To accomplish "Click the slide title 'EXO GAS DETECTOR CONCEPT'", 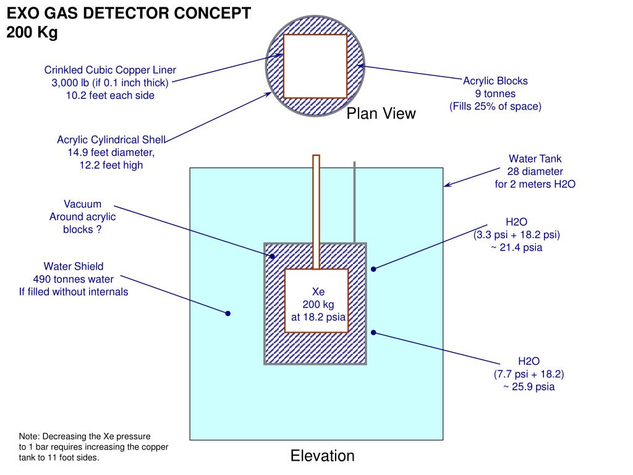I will click(129, 14).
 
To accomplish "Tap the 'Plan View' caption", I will click(381, 114).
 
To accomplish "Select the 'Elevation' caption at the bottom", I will click(323, 456).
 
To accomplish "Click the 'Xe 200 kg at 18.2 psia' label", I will click(318, 304).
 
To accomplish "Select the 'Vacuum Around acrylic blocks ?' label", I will click(82, 216).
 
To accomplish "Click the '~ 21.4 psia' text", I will click(517, 248).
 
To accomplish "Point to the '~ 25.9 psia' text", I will click(529, 387).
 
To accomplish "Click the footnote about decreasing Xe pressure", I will click(93, 447).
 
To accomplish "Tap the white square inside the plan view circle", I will click(315, 66).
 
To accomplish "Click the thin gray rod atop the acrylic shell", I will click(354, 202).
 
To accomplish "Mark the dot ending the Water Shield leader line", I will click(227, 314).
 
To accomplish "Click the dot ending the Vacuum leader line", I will click(271, 255).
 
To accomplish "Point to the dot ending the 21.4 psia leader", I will click(373, 269).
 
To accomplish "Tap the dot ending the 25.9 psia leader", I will click(373, 332).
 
